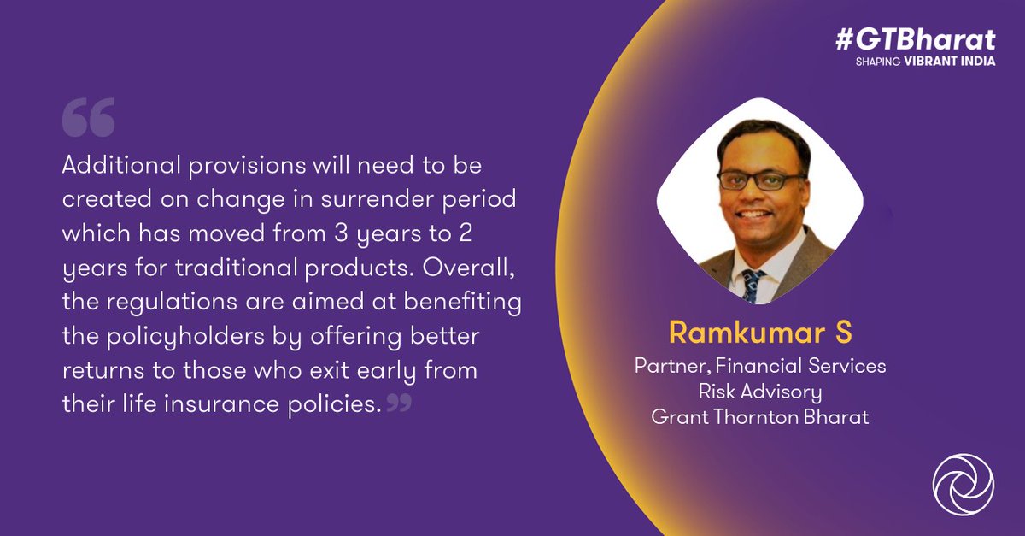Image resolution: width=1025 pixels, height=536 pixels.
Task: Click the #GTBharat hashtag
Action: click(915, 40)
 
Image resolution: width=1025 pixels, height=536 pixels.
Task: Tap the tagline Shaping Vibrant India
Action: click(925, 62)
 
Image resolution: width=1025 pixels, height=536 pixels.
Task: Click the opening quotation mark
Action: click(88, 121)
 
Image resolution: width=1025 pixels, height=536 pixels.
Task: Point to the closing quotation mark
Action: click(399, 403)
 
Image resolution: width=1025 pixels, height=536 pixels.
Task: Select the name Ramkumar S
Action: click(759, 333)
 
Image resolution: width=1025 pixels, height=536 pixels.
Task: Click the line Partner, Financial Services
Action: click(759, 366)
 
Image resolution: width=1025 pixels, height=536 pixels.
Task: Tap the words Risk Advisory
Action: click(759, 392)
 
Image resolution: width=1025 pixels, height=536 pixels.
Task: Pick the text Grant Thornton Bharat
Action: click(759, 418)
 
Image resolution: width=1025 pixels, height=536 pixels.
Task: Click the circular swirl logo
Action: click(963, 484)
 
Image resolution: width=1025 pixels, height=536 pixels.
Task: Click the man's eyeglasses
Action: click(761, 180)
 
